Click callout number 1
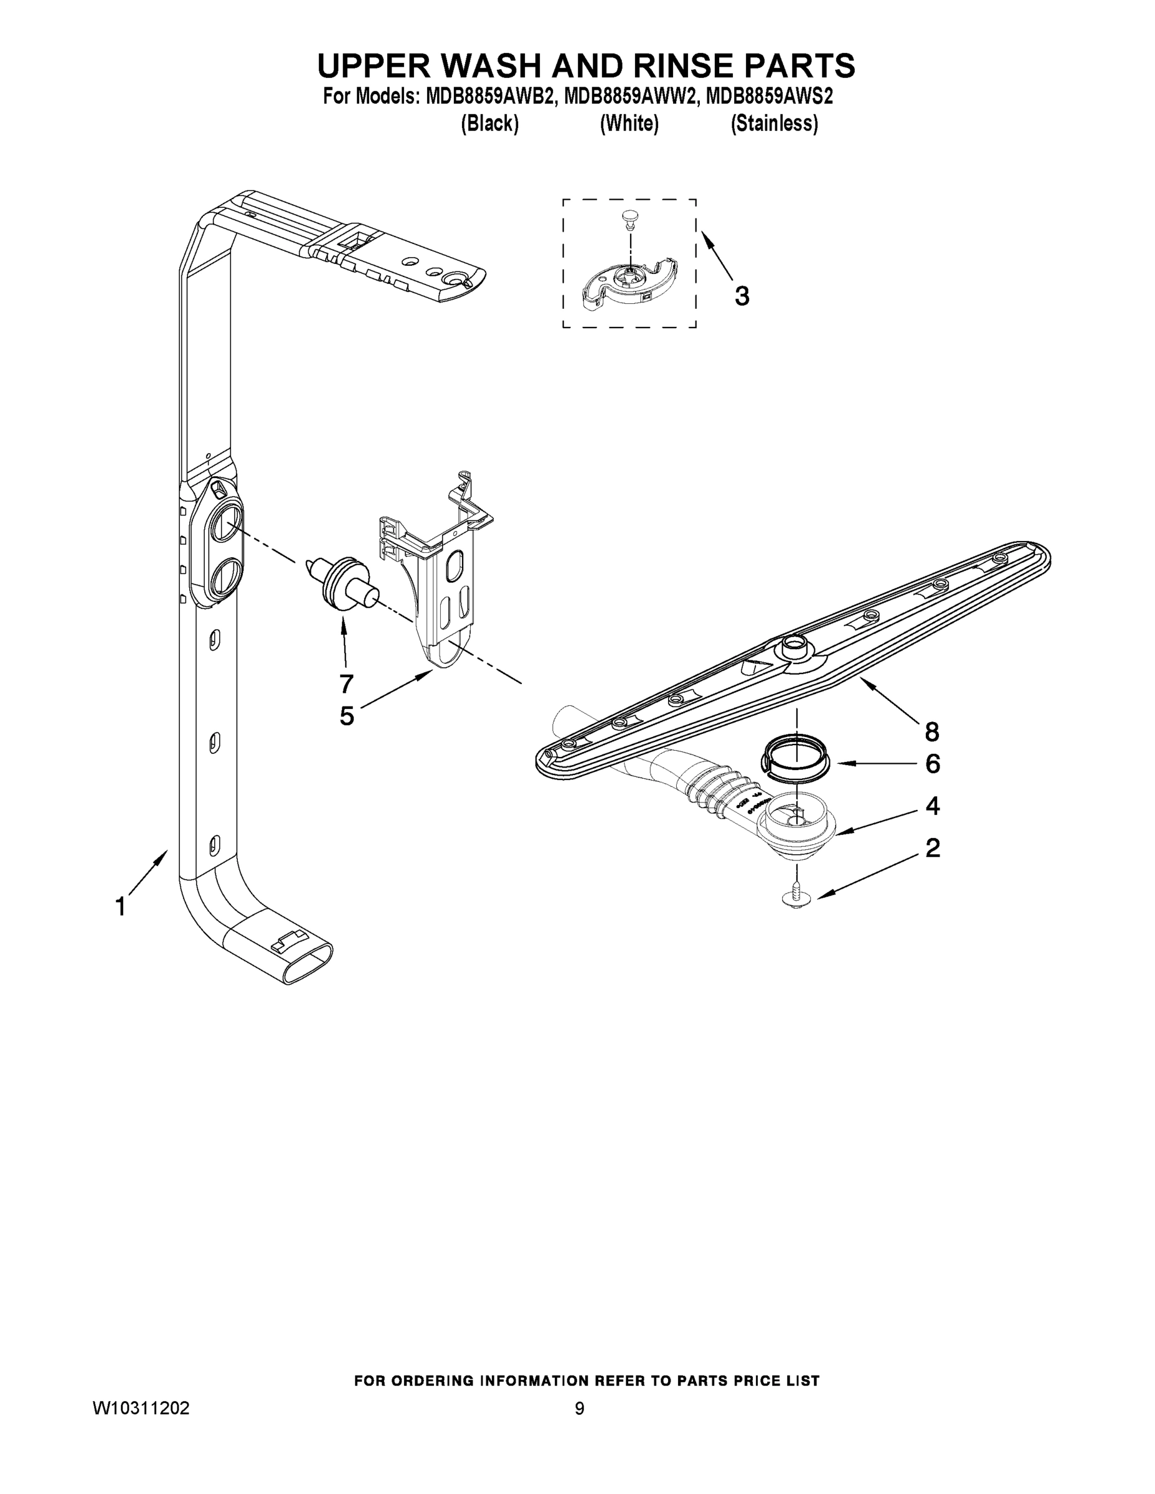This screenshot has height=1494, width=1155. (120, 907)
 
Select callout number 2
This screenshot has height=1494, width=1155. (932, 848)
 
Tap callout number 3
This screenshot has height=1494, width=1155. (742, 296)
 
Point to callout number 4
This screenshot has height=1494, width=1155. (932, 806)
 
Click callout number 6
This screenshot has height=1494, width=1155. (932, 763)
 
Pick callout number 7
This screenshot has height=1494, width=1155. (346, 683)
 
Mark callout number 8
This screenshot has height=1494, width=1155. (932, 732)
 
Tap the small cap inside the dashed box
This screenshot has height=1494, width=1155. (629, 218)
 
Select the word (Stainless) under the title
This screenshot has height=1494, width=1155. (774, 123)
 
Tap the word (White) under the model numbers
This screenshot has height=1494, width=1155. (629, 123)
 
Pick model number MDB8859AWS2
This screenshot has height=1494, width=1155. (768, 96)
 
